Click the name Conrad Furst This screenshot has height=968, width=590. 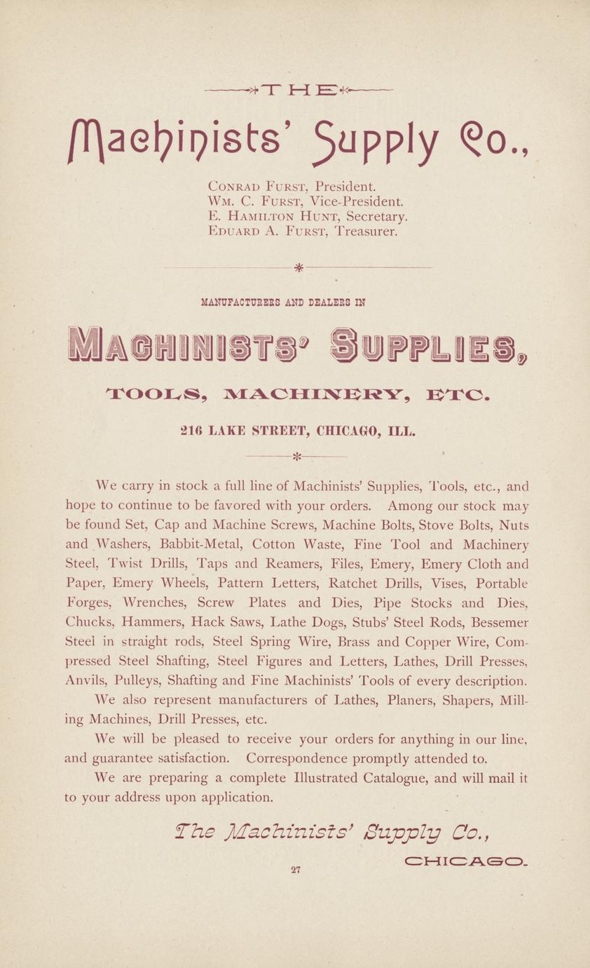(x=259, y=187)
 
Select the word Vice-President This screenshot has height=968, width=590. (x=345, y=202)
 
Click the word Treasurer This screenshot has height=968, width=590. (x=366, y=231)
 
